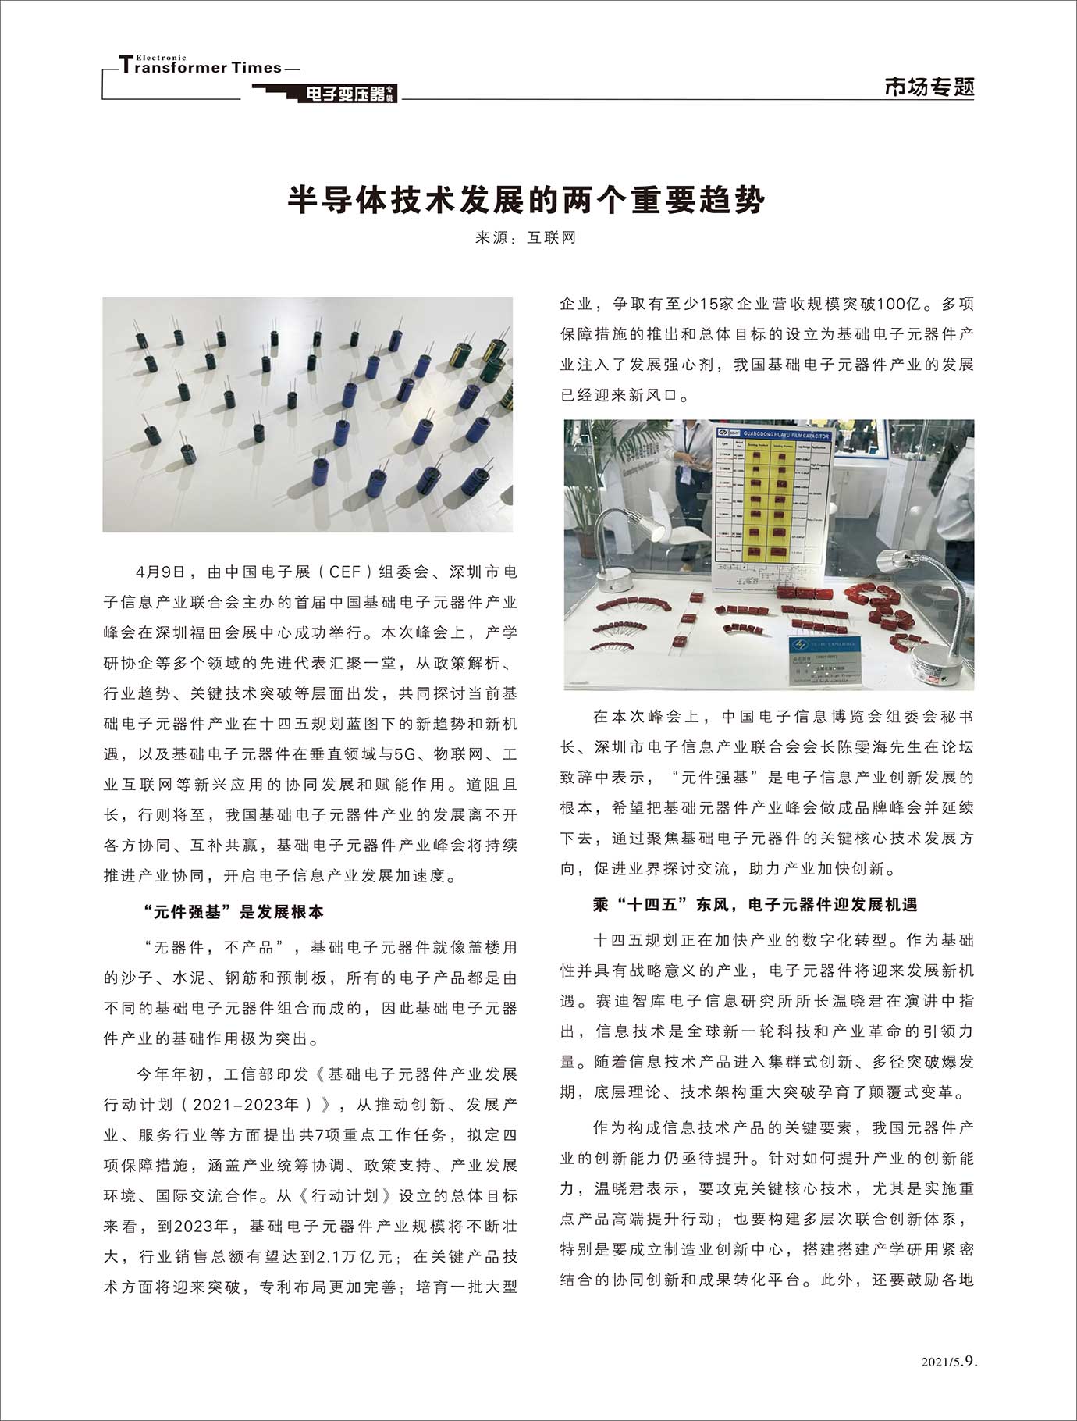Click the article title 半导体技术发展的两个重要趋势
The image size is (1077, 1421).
tap(526, 200)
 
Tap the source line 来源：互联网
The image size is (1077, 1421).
tap(526, 238)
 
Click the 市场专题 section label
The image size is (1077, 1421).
tap(929, 87)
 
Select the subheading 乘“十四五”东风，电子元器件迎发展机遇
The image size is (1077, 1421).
tap(755, 904)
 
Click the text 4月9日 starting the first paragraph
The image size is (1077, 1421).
tap(161, 572)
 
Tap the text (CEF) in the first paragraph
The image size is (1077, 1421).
tap(344, 572)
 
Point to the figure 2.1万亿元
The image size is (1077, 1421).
tap(354, 1256)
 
